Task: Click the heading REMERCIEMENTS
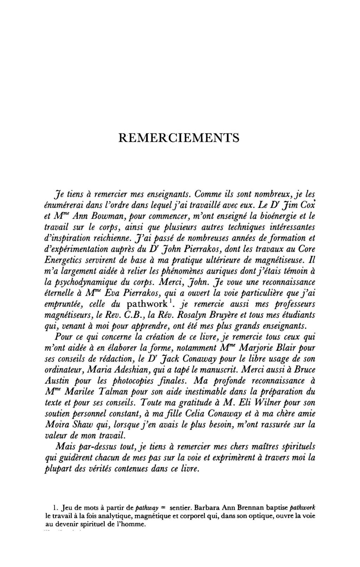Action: (179, 137)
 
